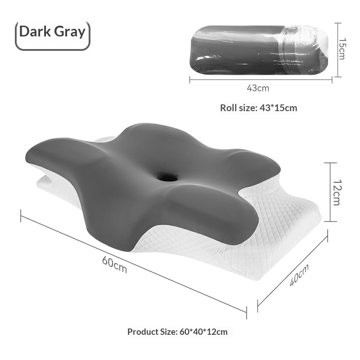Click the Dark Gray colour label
coord(52,32)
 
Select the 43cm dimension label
coord(258,88)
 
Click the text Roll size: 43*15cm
coord(258,108)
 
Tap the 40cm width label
coord(299,275)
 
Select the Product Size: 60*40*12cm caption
coord(177,332)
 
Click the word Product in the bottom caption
coord(143,332)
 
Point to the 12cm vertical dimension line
coord(331,192)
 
